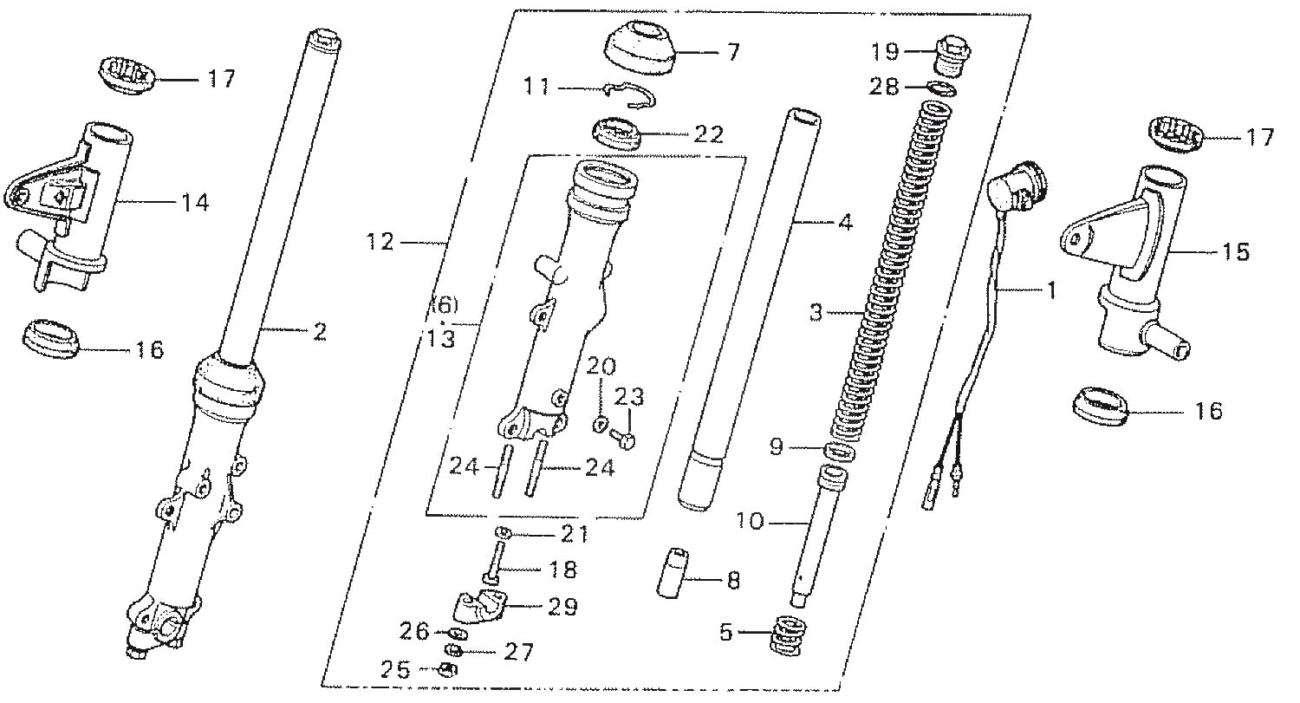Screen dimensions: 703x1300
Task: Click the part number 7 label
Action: [733, 52]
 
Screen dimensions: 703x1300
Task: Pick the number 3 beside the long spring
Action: [816, 313]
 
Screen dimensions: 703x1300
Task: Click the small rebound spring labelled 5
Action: [789, 635]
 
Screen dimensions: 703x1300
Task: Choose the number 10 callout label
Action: [750, 522]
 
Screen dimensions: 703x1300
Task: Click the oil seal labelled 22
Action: [616, 134]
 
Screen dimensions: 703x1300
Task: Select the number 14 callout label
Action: [195, 203]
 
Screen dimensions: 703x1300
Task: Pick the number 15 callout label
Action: [1236, 252]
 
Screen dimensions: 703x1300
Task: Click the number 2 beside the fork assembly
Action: [320, 330]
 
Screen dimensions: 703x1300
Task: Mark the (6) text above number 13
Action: [442, 306]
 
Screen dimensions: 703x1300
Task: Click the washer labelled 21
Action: [501, 532]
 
